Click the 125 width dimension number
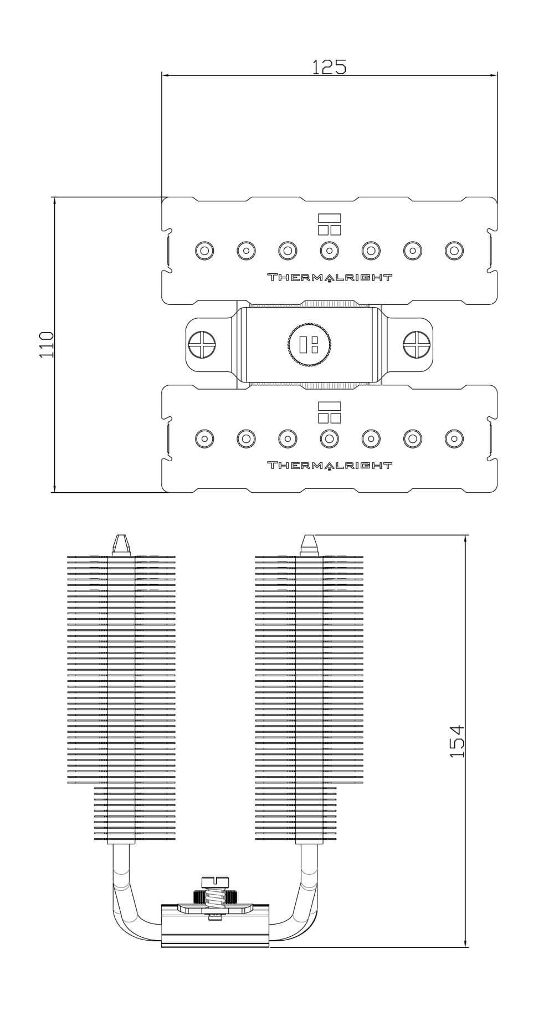click(329, 67)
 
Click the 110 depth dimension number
click(47, 344)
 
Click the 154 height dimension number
click(456, 741)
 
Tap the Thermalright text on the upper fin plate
click(330, 277)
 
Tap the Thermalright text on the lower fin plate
click(330, 465)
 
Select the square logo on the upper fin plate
click(330, 224)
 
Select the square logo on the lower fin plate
click(330, 412)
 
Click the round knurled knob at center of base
click(309, 344)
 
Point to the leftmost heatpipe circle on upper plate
click(204, 251)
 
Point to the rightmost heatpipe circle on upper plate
click(454, 251)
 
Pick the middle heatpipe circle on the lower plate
click(330, 438)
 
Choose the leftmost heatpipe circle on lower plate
click(204, 438)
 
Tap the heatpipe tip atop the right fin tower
click(309, 544)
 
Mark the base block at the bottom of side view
click(215, 931)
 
